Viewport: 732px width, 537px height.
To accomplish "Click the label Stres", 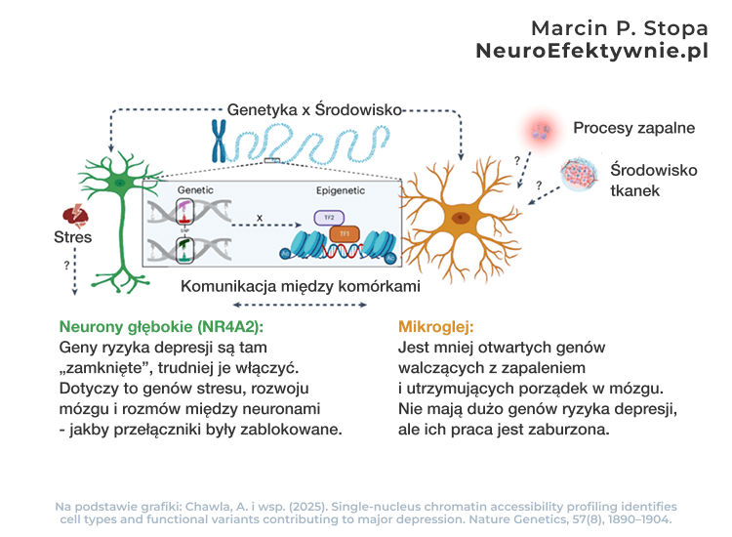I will pyautogui.click(x=73, y=237).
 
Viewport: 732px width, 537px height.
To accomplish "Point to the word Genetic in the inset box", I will pyautogui.click(x=194, y=188).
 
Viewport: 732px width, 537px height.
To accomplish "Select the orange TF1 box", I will pyautogui.click(x=345, y=233).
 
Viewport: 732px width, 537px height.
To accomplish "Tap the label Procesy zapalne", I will pyautogui.click(x=633, y=128).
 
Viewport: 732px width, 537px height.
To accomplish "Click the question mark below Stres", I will pyautogui.click(x=66, y=265).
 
